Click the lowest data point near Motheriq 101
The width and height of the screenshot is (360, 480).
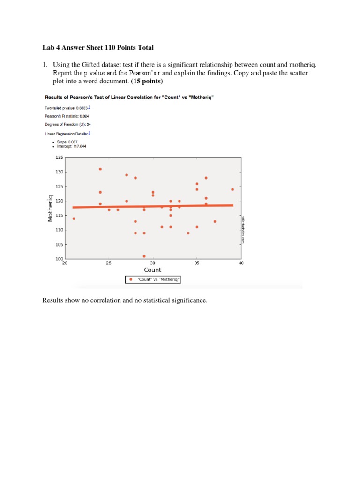click(144, 256)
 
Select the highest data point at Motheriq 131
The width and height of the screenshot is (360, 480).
click(100, 169)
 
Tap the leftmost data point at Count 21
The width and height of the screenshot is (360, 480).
click(74, 218)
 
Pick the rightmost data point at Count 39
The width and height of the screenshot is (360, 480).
click(232, 189)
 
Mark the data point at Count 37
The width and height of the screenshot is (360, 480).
click(215, 221)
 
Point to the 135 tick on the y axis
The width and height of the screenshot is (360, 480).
click(59, 158)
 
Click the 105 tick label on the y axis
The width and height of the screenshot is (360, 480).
click(59, 245)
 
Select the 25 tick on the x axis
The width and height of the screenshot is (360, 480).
click(109, 263)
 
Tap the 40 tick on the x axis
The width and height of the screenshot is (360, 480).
click(241, 263)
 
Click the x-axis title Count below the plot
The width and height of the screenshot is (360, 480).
click(152, 270)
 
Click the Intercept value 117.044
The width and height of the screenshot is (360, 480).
click(78, 146)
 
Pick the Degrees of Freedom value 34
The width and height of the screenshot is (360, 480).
click(89, 125)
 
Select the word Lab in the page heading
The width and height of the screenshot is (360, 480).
click(47, 48)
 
